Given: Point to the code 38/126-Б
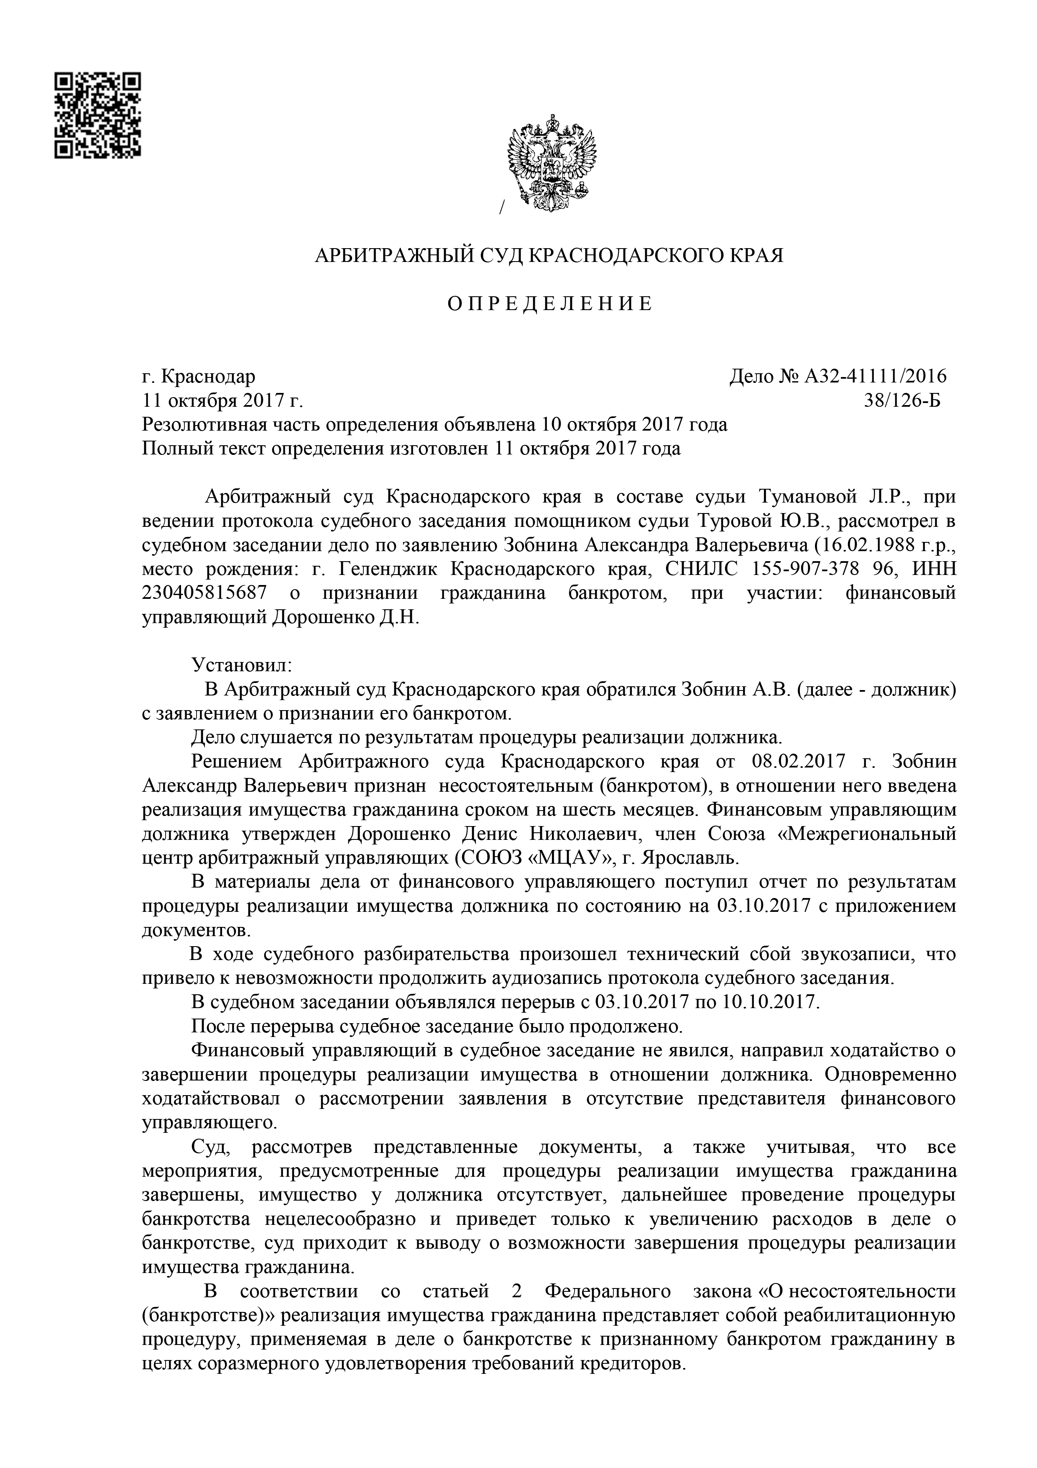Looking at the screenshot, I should [x=902, y=401].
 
